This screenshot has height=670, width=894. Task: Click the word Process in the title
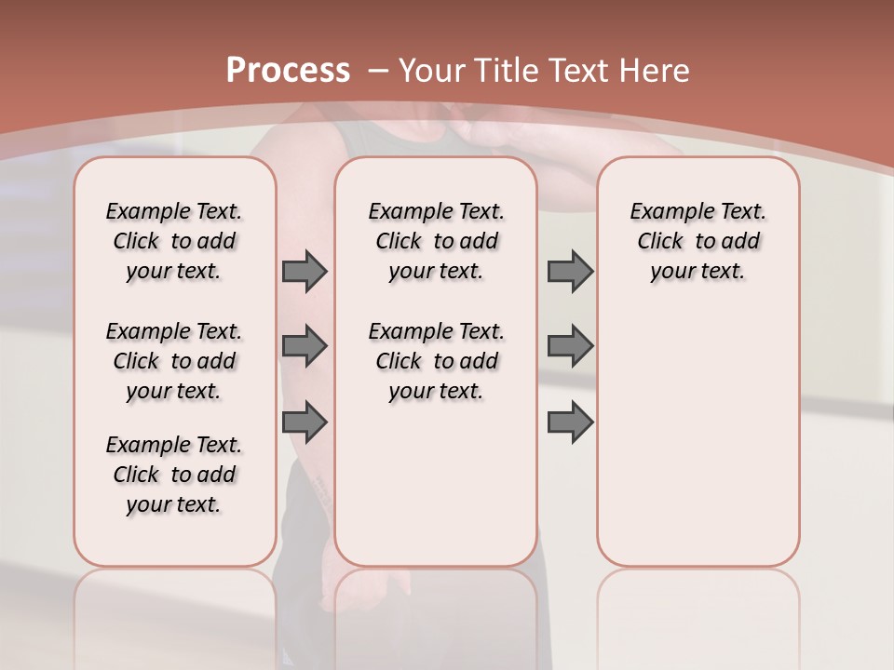pos(288,70)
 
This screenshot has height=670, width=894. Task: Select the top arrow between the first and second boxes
pos(305,272)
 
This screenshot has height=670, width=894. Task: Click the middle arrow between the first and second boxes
pos(305,346)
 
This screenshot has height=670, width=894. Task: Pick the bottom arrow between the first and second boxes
pos(305,422)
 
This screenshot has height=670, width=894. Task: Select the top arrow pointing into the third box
pos(570,272)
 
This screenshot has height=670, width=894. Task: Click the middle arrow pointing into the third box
pos(570,346)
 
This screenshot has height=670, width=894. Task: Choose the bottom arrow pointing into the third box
pos(570,422)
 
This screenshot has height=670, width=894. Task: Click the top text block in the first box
pos(174,241)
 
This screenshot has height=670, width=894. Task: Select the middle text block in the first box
pos(174,361)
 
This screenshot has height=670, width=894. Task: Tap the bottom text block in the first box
pos(174,475)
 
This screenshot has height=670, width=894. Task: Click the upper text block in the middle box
pos(436,241)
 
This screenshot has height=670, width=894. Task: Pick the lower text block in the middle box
pos(436,361)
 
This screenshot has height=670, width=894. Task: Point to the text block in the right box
pos(698,241)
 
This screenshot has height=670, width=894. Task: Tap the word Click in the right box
pos(661,242)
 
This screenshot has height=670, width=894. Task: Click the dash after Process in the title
pos(378,70)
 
